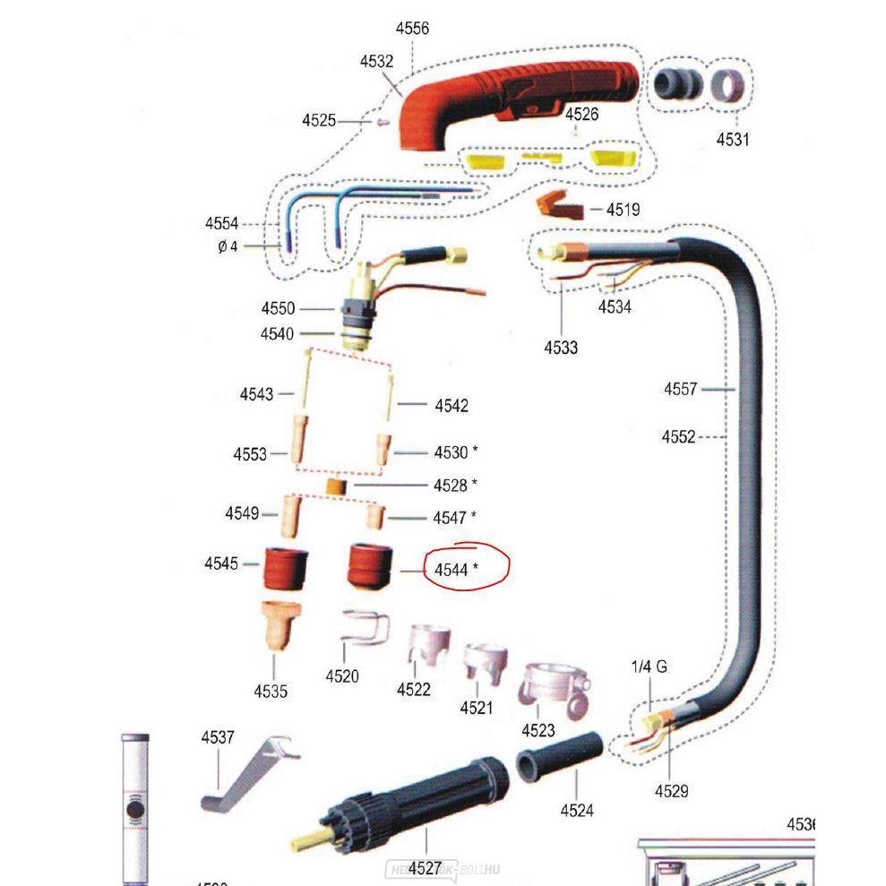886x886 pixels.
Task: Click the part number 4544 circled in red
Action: click(452, 570)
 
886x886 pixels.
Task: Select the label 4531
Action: click(732, 140)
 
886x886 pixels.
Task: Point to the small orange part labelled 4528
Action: click(336, 486)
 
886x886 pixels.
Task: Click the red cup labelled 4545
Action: click(284, 567)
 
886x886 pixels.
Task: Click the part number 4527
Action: click(426, 868)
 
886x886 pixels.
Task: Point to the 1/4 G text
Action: click(649, 667)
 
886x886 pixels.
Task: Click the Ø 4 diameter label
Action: click(228, 246)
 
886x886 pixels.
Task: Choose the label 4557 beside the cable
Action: click(680, 389)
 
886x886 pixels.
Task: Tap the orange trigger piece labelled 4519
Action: click(559, 206)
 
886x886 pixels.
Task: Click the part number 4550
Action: click(278, 308)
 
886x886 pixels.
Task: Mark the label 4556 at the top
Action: click(412, 29)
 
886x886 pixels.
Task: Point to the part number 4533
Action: click(561, 348)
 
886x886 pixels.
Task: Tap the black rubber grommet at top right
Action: click(677, 83)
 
